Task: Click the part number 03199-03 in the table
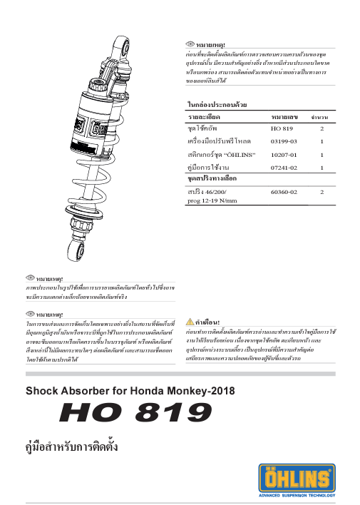click(284, 141)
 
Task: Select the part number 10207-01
click(284, 154)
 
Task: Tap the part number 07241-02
click(284, 167)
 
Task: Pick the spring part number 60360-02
click(284, 192)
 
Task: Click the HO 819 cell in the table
click(282, 128)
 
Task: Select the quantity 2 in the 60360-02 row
click(322, 192)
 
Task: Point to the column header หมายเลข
click(284, 116)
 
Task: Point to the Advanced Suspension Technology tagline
click(306, 495)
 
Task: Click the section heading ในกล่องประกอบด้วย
click(217, 105)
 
